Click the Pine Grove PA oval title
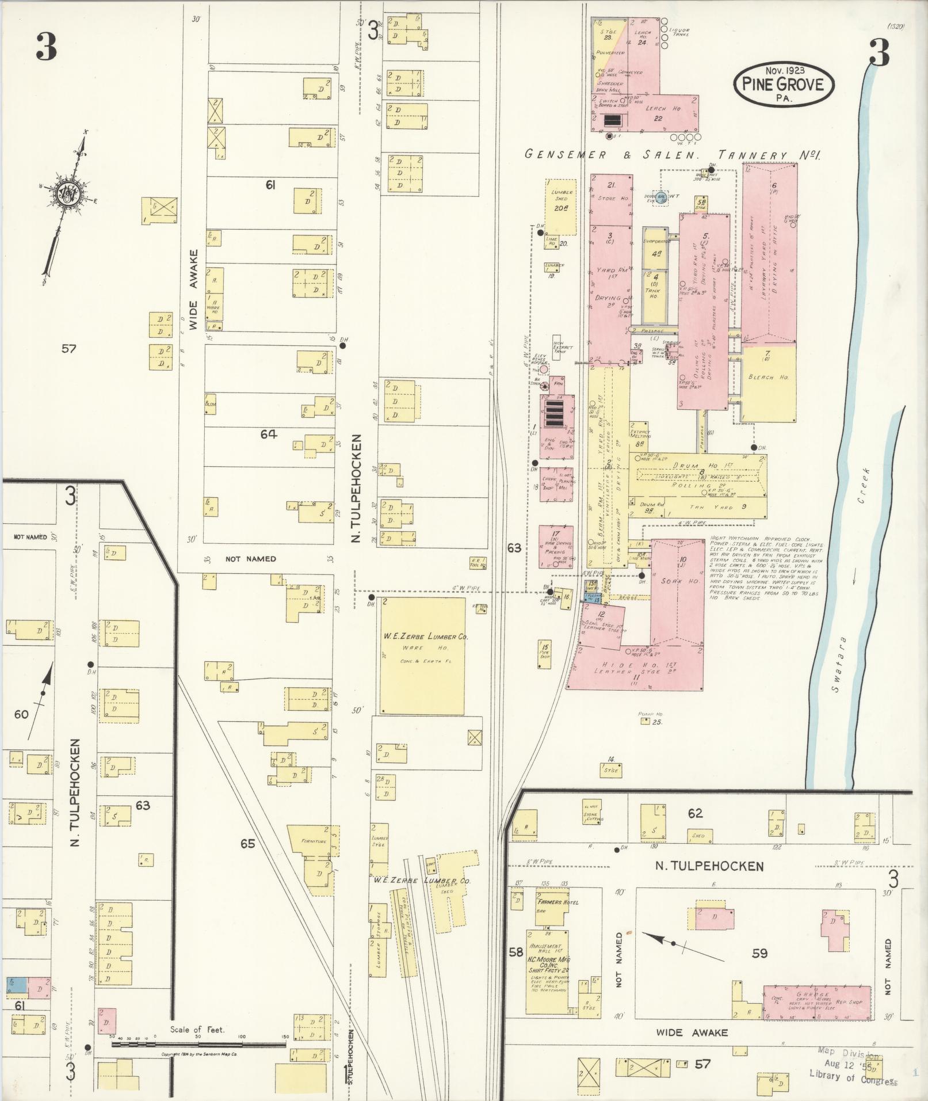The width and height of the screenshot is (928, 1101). (782, 84)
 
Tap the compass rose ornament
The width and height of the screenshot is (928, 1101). (68, 193)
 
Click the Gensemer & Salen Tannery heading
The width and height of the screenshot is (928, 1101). (673, 155)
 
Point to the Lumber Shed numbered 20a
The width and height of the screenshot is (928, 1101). (561, 207)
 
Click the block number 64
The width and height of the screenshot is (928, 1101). (268, 435)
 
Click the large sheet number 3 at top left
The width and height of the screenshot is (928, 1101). (47, 47)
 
